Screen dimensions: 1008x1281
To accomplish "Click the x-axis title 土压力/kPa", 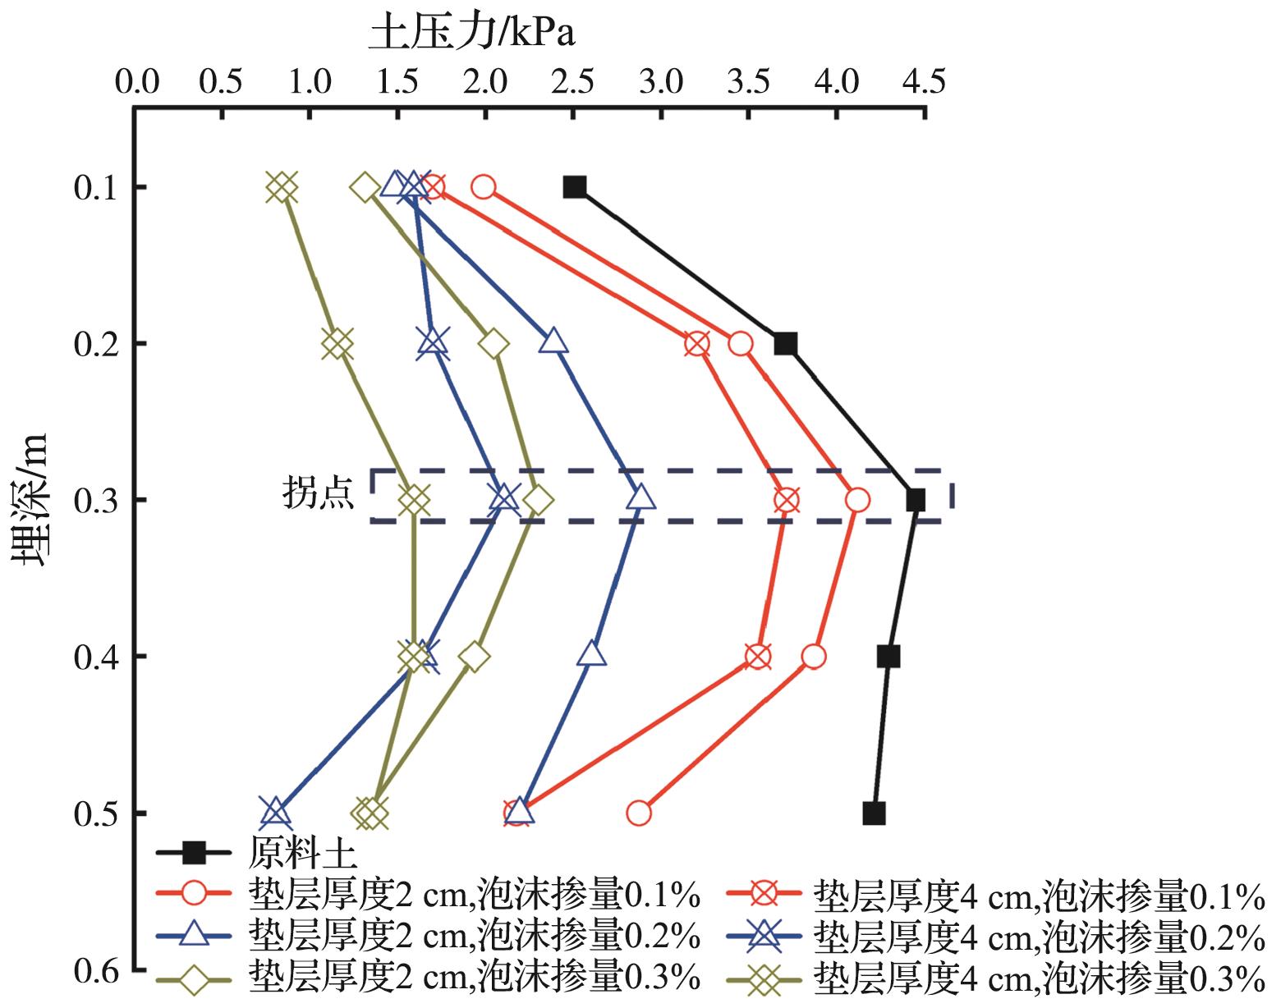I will coord(471,34).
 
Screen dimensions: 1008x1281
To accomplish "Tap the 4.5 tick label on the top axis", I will coord(923,83).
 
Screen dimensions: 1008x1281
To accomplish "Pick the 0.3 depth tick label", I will coord(99,500).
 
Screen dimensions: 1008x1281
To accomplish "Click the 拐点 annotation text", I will coord(319,494).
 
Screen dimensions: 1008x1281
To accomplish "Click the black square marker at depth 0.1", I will coord(575,187).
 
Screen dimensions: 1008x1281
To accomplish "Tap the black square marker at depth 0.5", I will coord(875,813).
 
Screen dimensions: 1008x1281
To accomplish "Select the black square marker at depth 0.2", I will coord(786,343).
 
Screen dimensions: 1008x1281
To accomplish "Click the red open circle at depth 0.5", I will coord(639,813).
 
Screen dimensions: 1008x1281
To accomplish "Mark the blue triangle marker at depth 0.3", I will coord(641,497).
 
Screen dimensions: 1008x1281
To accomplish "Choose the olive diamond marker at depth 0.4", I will coord(474,657).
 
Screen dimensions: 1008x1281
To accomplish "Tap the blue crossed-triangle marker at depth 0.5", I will coord(275,811).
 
